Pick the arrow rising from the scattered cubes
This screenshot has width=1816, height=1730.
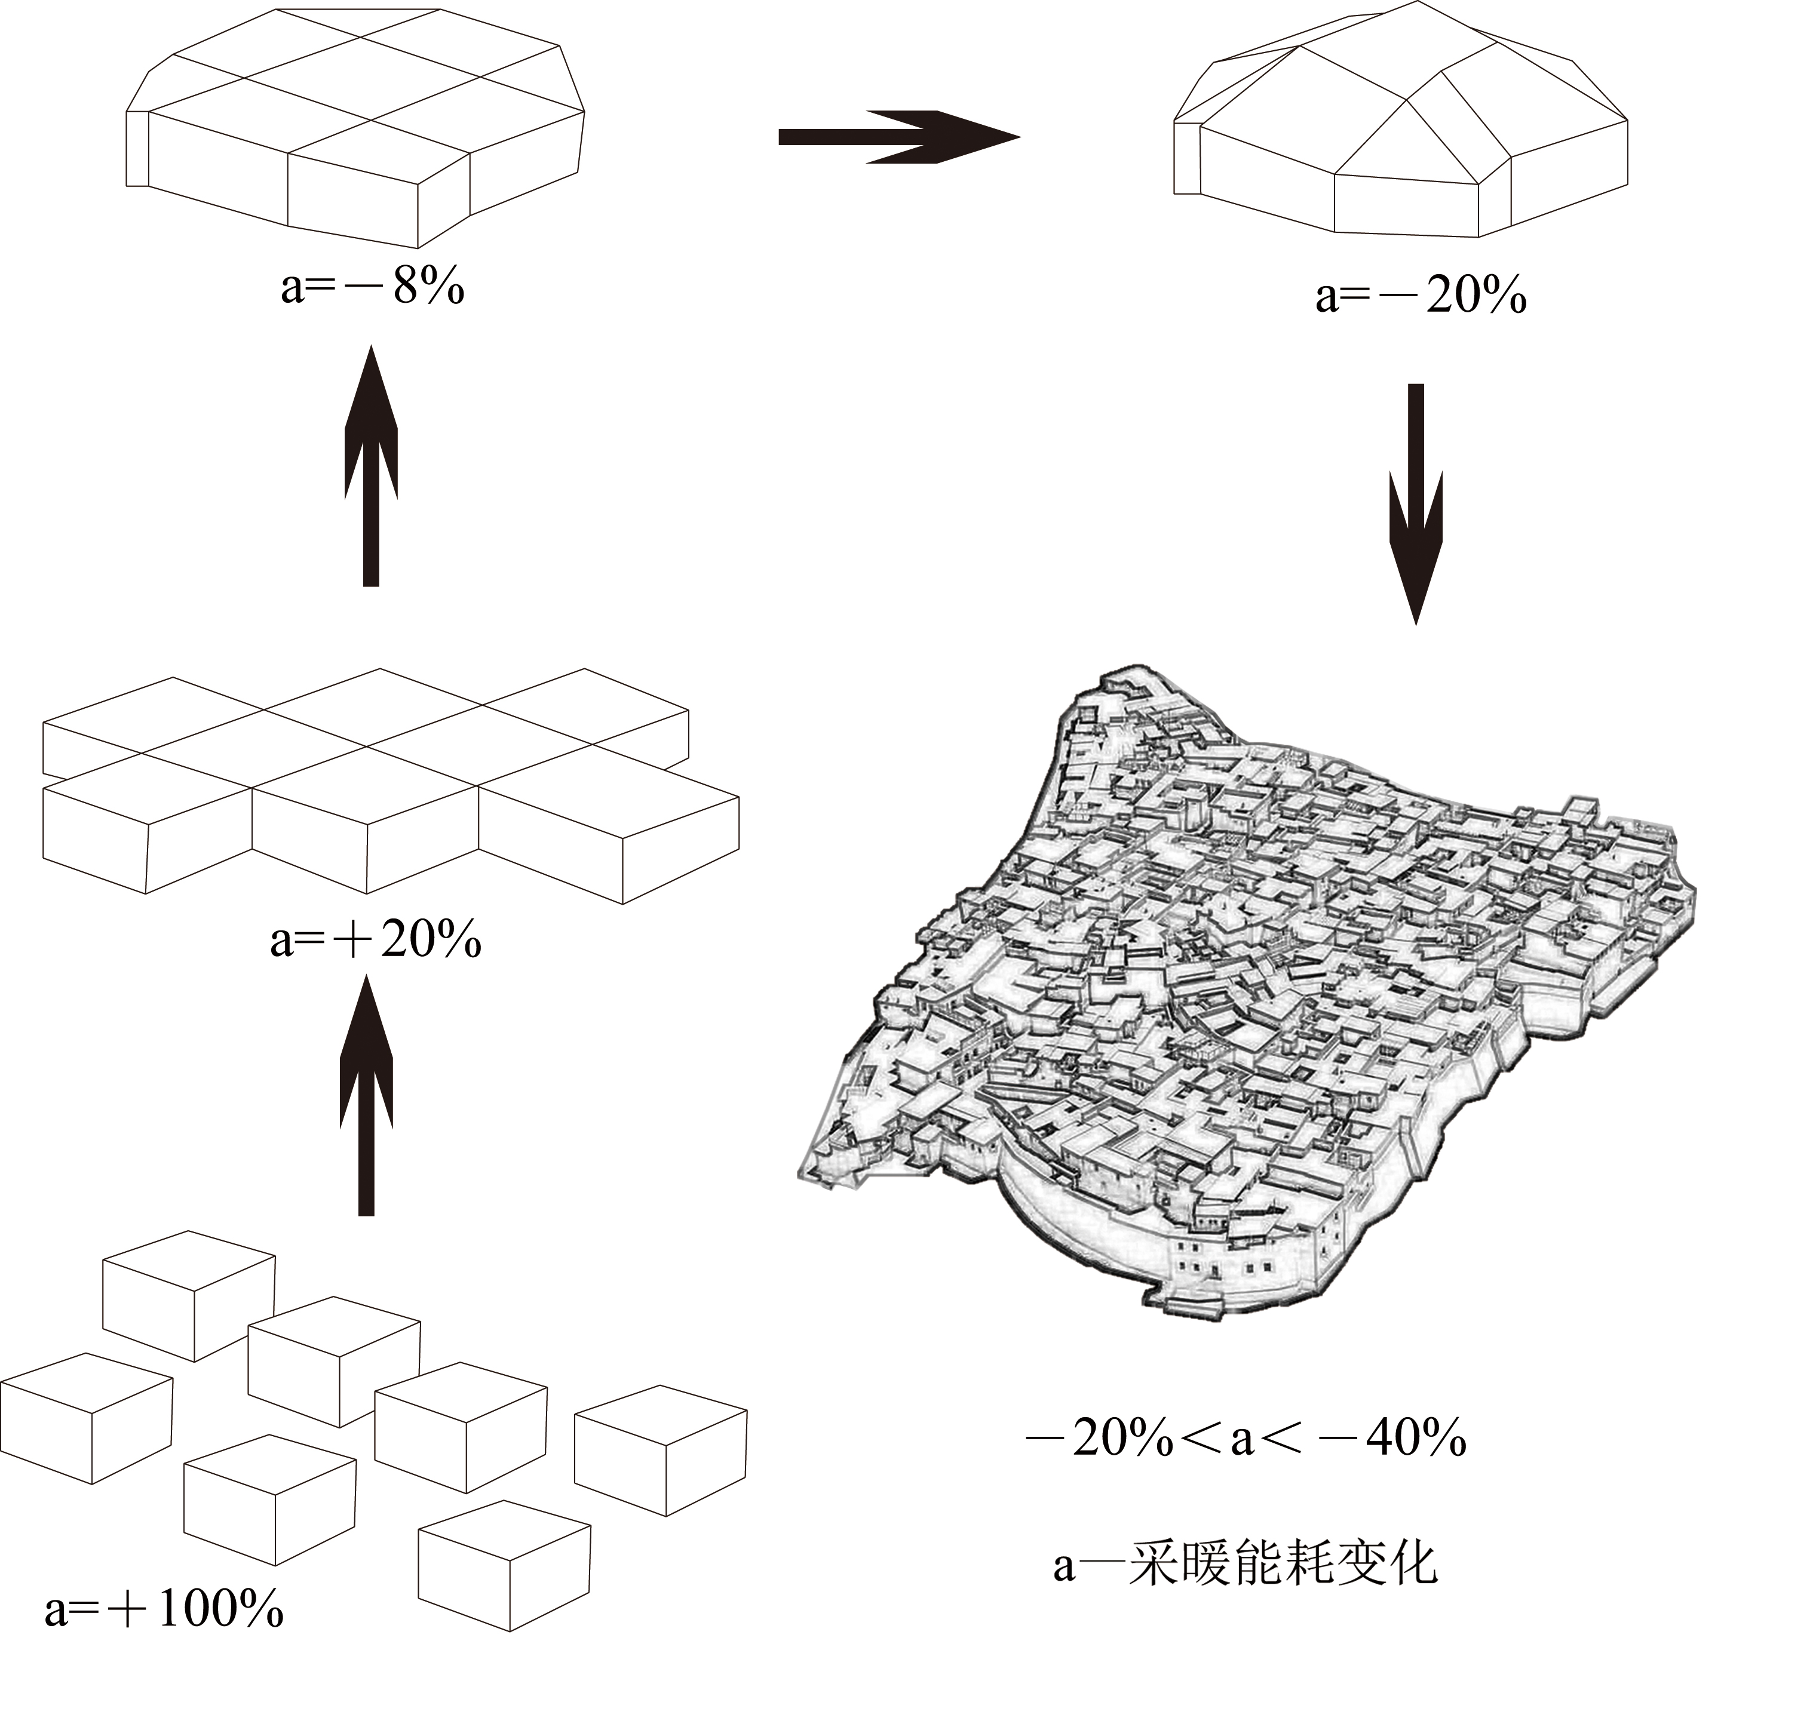(x=366, y=1098)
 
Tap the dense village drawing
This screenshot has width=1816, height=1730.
(x=1245, y=978)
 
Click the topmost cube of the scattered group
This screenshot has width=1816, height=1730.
(x=189, y=1296)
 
